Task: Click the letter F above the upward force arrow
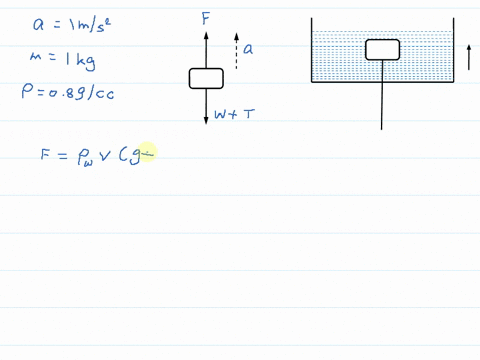tap(206, 19)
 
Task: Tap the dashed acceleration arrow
tap(236, 51)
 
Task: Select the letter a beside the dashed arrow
tap(248, 49)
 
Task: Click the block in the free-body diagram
tap(206, 79)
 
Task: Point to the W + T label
tap(234, 114)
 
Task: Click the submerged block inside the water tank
tap(383, 50)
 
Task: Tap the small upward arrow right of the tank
tap(469, 57)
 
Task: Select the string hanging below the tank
tap(382, 95)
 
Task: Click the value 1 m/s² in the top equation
tap(90, 25)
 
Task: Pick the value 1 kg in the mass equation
tap(80, 61)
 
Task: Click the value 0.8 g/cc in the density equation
tap(81, 93)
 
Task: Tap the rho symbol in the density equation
tap(27, 91)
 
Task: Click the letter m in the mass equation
tap(36, 56)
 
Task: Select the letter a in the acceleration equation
tap(38, 25)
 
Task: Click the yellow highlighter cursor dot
tap(147, 153)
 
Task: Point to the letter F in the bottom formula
tap(45, 154)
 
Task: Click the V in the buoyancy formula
tap(105, 155)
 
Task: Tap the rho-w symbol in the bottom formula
tap(85, 157)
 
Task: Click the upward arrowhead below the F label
tap(206, 35)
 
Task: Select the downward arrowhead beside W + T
tap(206, 121)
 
